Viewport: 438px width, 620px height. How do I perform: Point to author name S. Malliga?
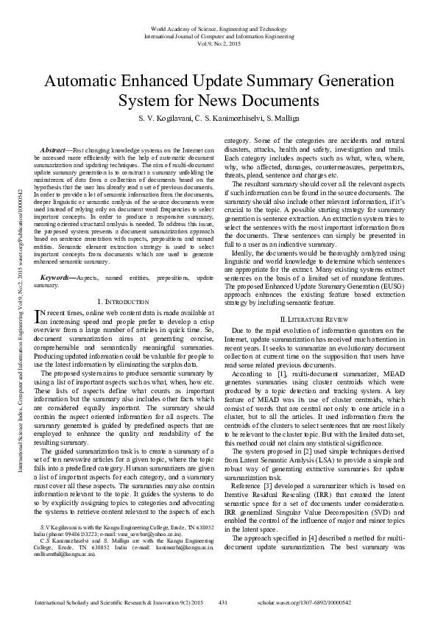click(279, 118)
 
